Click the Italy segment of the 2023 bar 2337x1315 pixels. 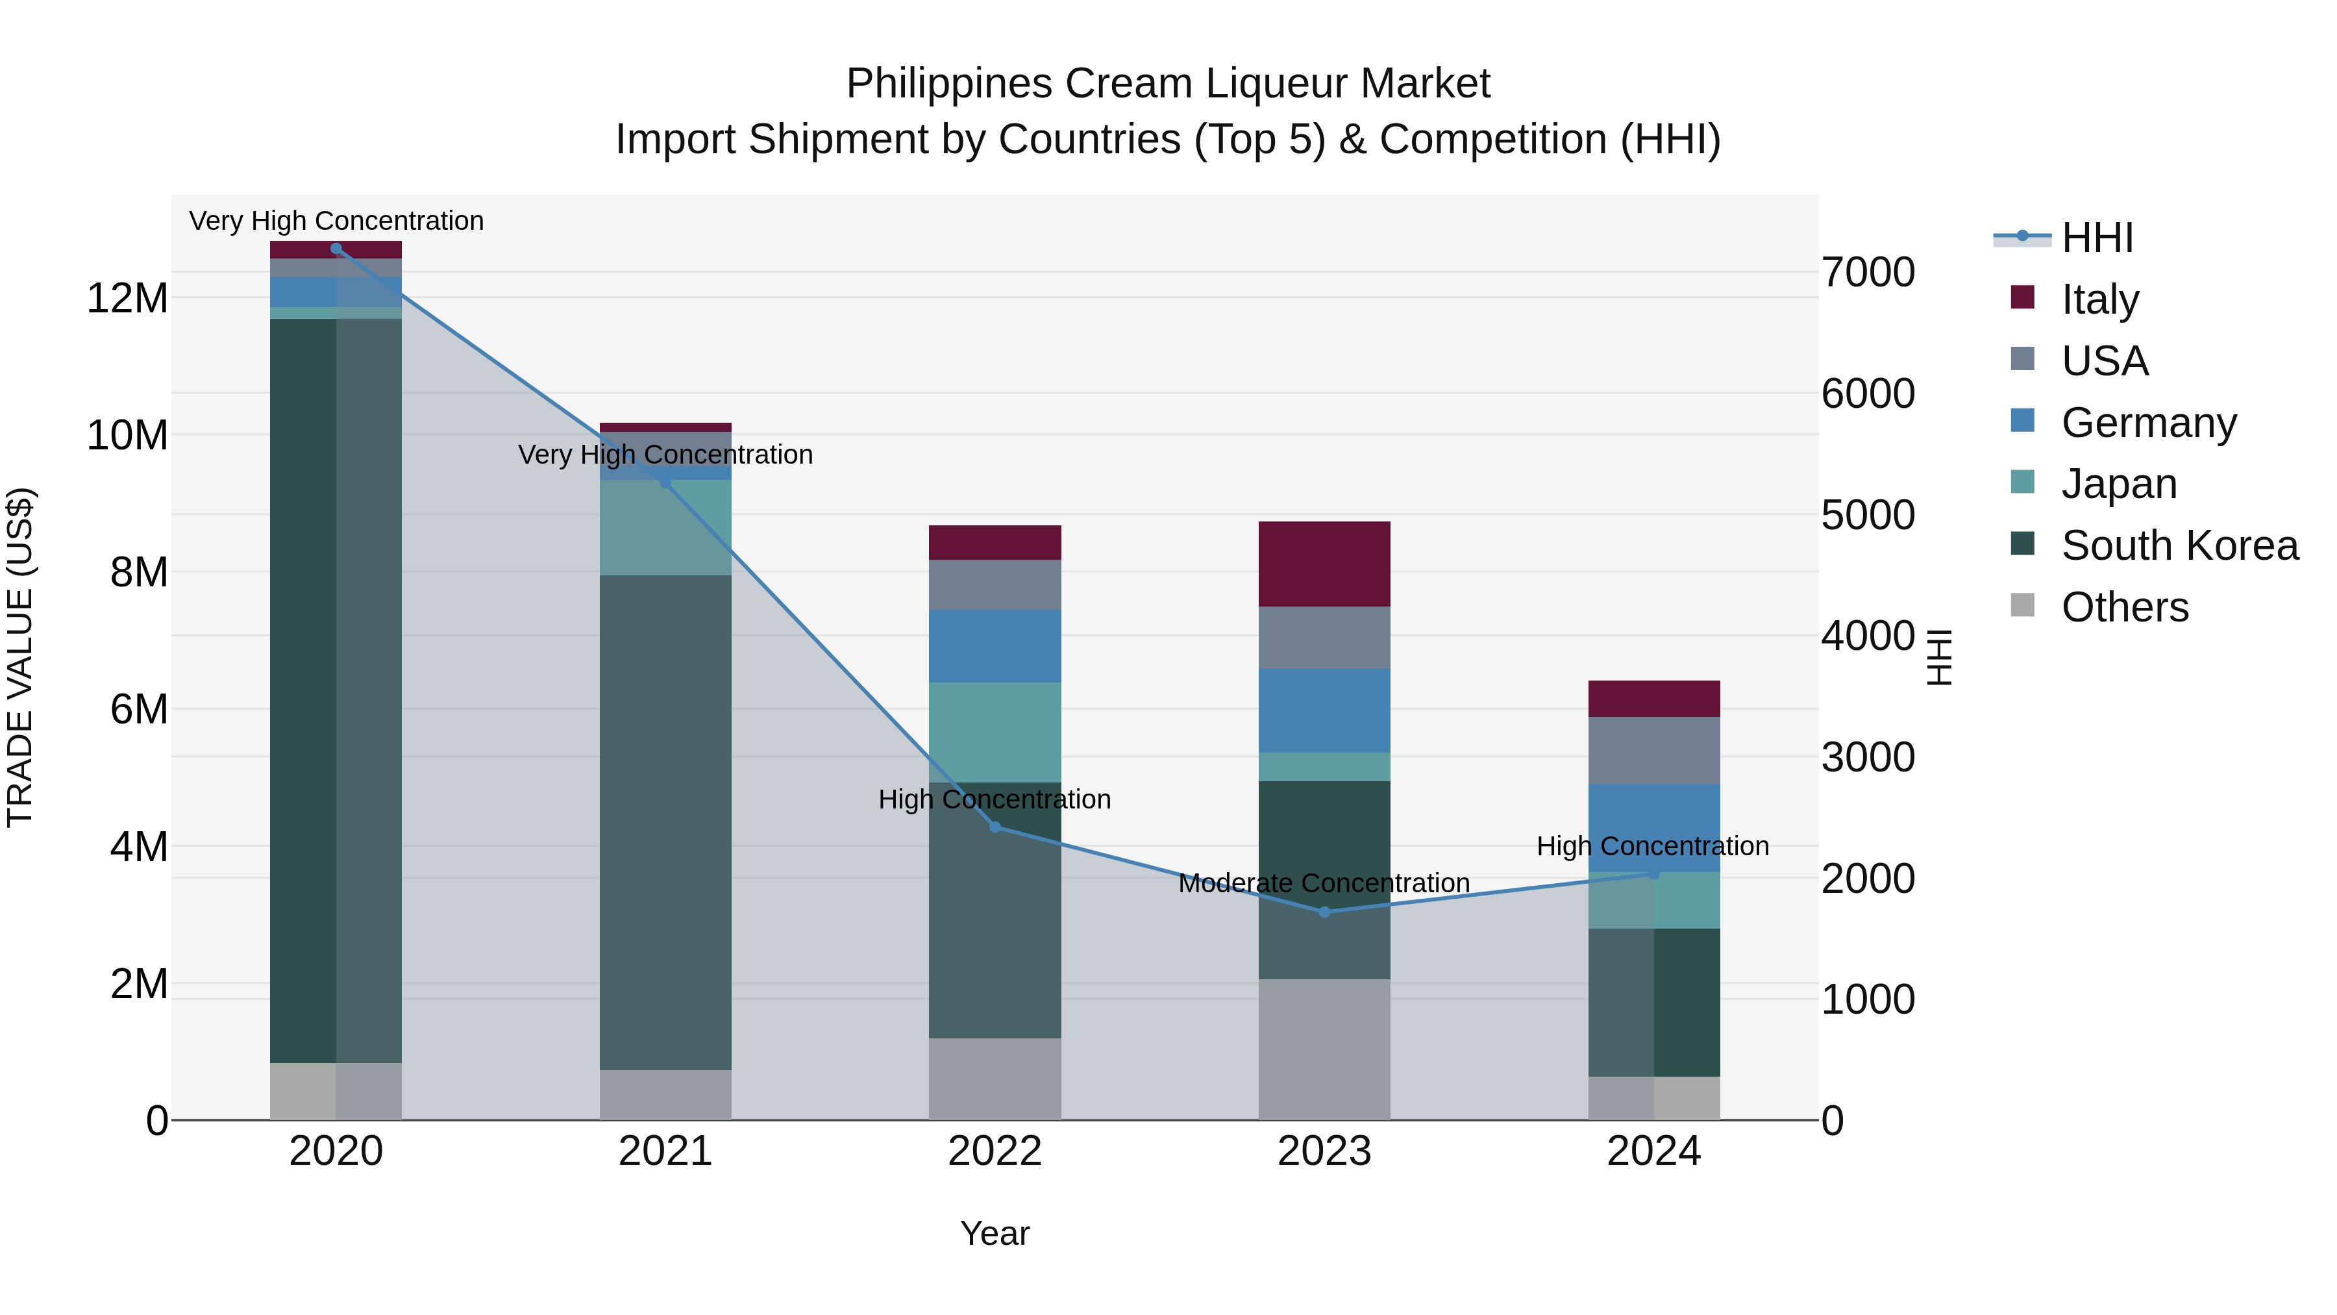pyautogui.click(x=1324, y=564)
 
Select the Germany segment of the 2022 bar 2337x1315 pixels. pyautogui.click(x=995, y=645)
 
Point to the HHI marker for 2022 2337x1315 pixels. pyautogui.click(x=995, y=827)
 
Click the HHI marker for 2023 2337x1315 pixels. pyautogui.click(x=1324, y=911)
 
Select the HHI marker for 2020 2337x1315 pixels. pyautogui.click(x=336, y=249)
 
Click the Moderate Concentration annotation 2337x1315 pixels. pyautogui.click(x=1324, y=883)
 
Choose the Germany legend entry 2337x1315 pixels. pyautogui.click(x=2148, y=422)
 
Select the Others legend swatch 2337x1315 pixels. pyautogui.click(x=2022, y=605)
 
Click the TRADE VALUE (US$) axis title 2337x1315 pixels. pyautogui.click(x=20, y=657)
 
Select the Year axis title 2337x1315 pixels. pyautogui.click(x=995, y=1233)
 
